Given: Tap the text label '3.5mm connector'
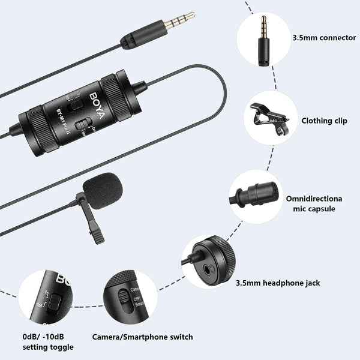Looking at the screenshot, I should click(x=323, y=37).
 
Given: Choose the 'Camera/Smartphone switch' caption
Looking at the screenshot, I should click(x=142, y=337).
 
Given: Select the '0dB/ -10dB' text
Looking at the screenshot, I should click(x=44, y=337).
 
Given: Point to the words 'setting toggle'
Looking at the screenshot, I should click(x=47, y=347).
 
